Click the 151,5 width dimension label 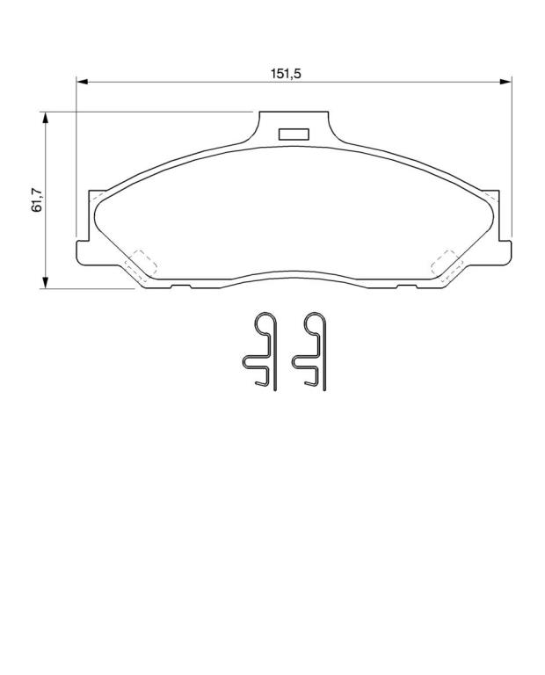[286, 74]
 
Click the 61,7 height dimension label [37, 200]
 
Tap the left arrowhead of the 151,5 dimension [82, 81]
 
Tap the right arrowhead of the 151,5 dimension [505, 81]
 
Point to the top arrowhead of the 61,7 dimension [44, 118]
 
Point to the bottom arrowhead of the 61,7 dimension [44, 282]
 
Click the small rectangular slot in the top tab [294, 134]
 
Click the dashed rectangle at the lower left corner [141, 264]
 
